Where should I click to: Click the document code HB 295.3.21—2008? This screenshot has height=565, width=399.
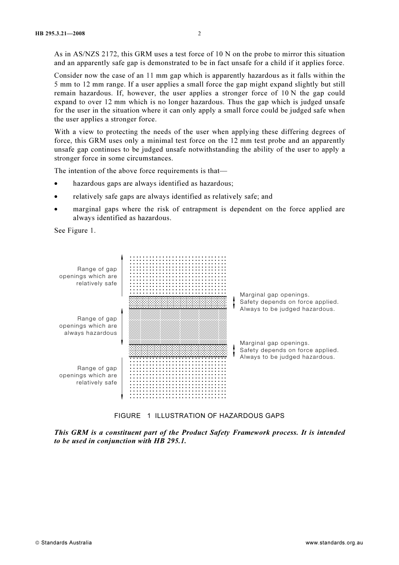tap(60, 34)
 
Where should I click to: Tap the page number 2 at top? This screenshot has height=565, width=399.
tap(199, 34)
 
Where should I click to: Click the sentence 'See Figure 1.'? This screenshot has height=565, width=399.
tap(75, 231)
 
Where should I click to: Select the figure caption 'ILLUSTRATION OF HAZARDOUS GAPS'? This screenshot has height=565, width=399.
tap(219, 416)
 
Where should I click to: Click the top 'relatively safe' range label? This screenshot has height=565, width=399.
tap(88, 276)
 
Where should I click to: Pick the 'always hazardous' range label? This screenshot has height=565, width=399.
tap(88, 326)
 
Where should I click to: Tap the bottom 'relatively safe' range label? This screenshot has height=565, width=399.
tap(88, 376)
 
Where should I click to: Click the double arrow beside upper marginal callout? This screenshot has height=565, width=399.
tap(234, 302)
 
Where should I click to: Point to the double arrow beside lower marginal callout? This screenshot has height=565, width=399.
tap(234, 350)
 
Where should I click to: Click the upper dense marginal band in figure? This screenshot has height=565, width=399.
tap(178, 302)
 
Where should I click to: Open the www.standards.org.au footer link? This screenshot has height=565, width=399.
tap(334, 543)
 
